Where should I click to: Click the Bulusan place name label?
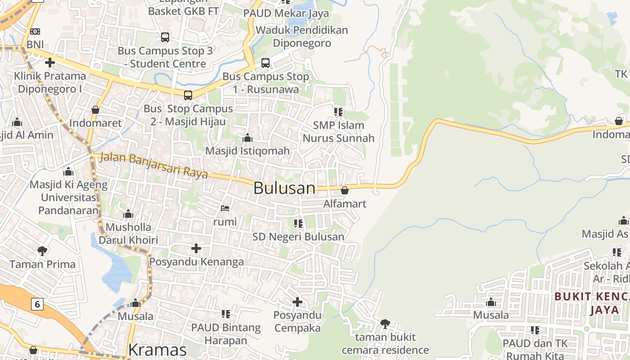[x=284, y=188]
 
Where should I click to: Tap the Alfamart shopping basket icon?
[x=345, y=190]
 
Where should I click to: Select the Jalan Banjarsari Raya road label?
[x=153, y=165]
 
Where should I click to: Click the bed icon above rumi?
[x=225, y=208]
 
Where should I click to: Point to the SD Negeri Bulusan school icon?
[x=298, y=224]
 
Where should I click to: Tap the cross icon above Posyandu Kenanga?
[x=196, y=248]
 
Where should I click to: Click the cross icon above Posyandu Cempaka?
[x=297, y=301]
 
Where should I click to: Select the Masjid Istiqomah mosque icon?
[x=247, y=138]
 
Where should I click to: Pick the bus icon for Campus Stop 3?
[x=165, y=37]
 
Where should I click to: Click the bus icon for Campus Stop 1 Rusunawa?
[x=265, y=63]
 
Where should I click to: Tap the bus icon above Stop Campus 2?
[x=188, y=95]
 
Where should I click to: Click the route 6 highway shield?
[x=37, y=304]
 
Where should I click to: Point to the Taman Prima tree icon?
[x=42, y=251]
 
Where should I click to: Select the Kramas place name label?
[x=157, y=350]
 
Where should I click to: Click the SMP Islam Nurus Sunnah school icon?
[x=338, y=112]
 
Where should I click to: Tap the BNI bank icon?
[x=35, y=31]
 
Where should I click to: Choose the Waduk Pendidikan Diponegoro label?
[x=302, y=36]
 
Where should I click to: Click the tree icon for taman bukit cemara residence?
[x=385, y=324]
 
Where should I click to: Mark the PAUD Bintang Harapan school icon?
[x=226, y=314]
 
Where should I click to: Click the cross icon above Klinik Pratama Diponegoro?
[x=50, y=63]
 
